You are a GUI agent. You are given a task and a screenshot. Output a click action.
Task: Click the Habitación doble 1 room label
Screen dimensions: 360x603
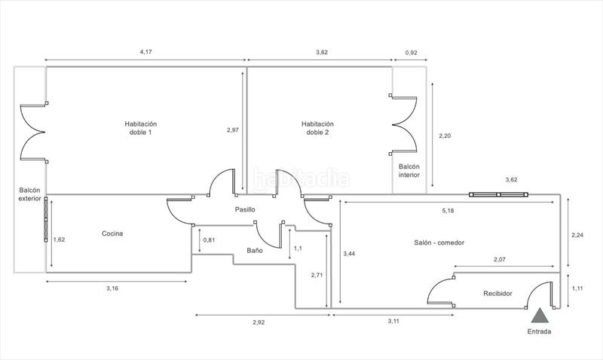[140, 128]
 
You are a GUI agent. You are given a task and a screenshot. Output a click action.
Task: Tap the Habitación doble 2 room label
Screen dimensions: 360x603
[317, 128]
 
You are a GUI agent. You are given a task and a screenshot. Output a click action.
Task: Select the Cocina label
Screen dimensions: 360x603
[112, 233]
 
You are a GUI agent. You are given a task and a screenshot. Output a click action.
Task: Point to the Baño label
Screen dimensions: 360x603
[255, 250]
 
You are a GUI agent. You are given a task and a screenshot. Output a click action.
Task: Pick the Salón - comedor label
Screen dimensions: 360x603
[439, 243]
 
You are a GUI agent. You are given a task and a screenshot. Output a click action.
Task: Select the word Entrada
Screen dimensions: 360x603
[539, 332]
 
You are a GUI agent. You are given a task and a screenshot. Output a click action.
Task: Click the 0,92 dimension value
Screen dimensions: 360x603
[412, 53]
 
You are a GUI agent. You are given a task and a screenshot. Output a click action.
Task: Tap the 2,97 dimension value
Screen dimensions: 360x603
[233, 130]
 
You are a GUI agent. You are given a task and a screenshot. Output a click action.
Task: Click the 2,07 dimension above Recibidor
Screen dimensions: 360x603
[500, 259]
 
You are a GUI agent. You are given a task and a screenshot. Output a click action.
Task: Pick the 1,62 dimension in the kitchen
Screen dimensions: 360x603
[59, 240]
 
